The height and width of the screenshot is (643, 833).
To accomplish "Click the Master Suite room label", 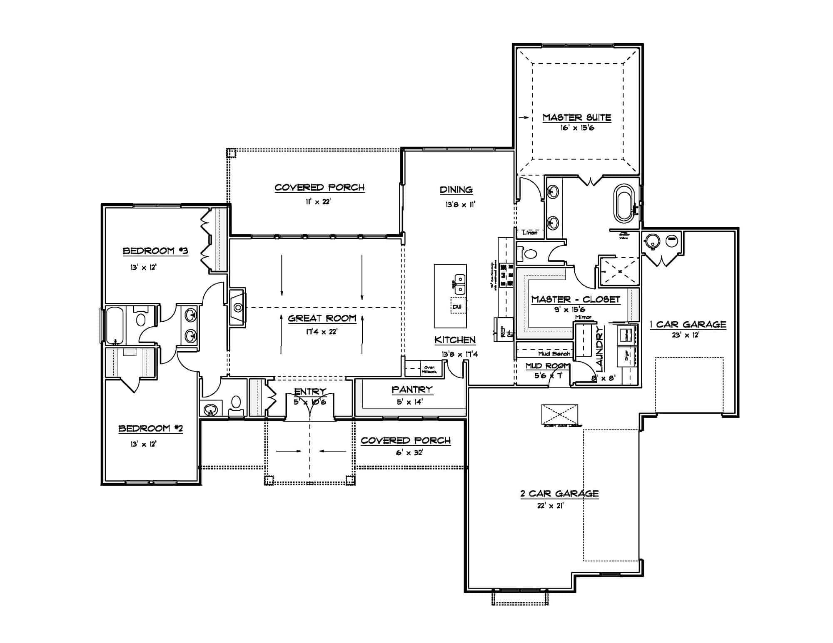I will pos(576,117).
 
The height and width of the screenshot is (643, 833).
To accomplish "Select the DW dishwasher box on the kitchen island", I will pos(457,307).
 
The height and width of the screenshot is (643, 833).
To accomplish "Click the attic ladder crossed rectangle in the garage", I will pos(559,415).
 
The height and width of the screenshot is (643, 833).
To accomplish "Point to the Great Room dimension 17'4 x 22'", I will pos(322,332).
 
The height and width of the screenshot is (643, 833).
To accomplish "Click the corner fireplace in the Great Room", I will pos(238,308).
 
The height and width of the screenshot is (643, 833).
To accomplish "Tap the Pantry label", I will pos(412,390).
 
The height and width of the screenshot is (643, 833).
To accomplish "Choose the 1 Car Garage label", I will pos(688,325).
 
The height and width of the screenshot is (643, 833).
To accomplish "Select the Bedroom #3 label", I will pos(155,251).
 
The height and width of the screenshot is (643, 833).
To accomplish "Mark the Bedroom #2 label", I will pos(150,429).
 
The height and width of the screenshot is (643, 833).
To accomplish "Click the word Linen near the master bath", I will pos(530,233).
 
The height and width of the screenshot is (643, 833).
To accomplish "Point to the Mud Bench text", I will pos(554,354).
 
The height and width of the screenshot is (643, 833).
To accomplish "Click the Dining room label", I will pos(456,190).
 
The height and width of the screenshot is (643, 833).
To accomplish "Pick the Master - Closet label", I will pos(576,299).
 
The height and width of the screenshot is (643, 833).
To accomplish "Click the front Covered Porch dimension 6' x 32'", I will pos(409,452).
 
